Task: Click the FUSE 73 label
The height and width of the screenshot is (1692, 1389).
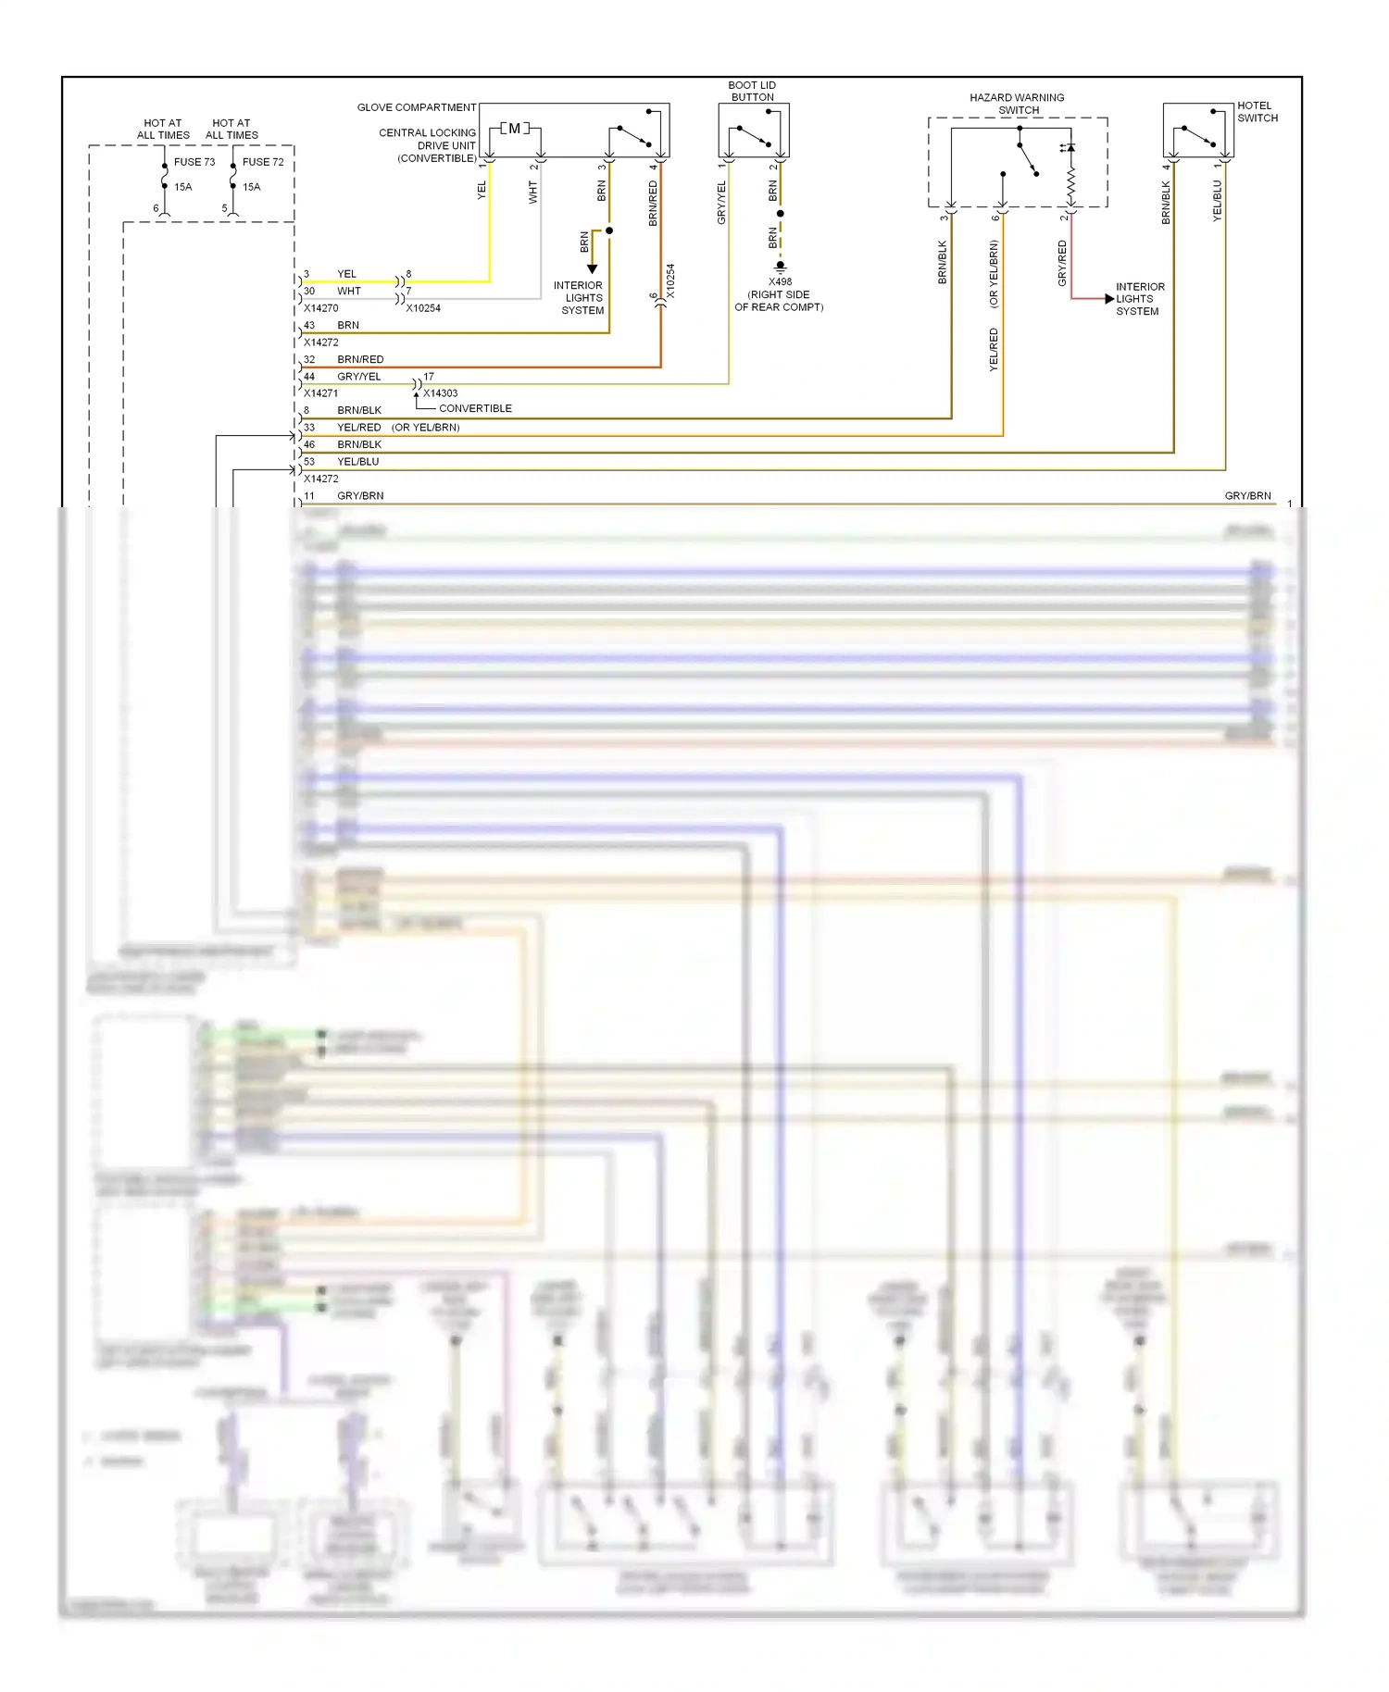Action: click(194, 162)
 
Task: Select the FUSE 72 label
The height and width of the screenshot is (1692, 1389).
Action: click(263, 162)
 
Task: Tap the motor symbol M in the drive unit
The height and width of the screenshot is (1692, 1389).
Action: click(515, 129)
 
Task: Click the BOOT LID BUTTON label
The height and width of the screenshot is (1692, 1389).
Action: click(752, 91)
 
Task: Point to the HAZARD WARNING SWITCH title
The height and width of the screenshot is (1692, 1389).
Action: click(1017, 104)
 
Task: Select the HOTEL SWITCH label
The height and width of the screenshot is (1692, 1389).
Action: click(1257, 112)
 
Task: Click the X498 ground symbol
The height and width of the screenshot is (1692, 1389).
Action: click(780, 267)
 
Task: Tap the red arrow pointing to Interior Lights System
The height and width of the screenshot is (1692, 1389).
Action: click(1108, 299)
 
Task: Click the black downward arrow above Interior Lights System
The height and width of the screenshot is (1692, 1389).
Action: click(593, 268)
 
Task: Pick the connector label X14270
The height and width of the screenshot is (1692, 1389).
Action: click(321, 308)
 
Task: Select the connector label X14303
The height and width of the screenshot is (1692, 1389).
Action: click(441, 393)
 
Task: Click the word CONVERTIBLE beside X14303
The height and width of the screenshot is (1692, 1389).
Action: click(475, 408)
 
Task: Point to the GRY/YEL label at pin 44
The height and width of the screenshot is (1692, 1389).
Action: click(359, 377)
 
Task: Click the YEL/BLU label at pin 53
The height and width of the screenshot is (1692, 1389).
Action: click(358, 461)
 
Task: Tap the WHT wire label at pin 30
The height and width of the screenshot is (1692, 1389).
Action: click(349, 291)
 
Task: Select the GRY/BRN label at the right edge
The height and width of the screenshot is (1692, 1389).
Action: click(1247, 496)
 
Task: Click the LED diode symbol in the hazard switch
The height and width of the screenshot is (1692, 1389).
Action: click(1070, 148)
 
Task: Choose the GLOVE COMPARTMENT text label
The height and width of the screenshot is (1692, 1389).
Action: click(417, 107)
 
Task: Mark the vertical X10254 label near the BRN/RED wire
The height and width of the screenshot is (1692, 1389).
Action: click(670, 280)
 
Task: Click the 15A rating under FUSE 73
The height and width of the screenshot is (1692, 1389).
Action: click(183, 187)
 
